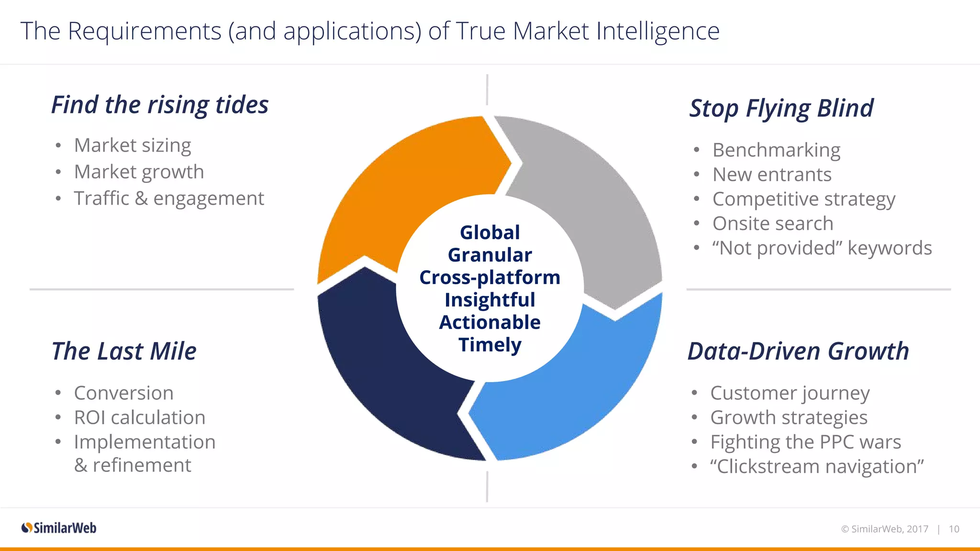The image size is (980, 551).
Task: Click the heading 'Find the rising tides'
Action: tap(160, 105)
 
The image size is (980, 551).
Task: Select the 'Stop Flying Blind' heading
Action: tap(781, 108)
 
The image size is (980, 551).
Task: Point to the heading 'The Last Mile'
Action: tap(124, 351)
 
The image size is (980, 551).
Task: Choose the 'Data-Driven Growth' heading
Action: tap(798, 351)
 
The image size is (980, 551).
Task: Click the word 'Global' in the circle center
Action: tap(490, 232)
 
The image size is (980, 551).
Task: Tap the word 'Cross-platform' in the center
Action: tap(490, 277)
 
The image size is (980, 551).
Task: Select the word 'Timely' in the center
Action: tap(490, 345)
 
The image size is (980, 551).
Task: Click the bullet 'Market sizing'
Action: tap(133, 145)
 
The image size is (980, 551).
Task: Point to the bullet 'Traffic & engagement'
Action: tap(169, 198)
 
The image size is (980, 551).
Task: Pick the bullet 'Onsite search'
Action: tap(773, 223)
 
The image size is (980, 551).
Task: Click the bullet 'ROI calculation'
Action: tap(140, 418)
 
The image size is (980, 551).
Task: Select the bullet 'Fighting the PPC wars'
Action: tap(806, 442)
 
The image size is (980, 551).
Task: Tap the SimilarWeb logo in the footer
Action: tap(59, 528)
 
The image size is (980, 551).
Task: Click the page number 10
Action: tap(954, 529)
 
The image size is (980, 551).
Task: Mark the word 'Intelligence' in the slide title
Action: tap(657, 32)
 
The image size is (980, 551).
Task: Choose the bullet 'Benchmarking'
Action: tap(776, 150)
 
